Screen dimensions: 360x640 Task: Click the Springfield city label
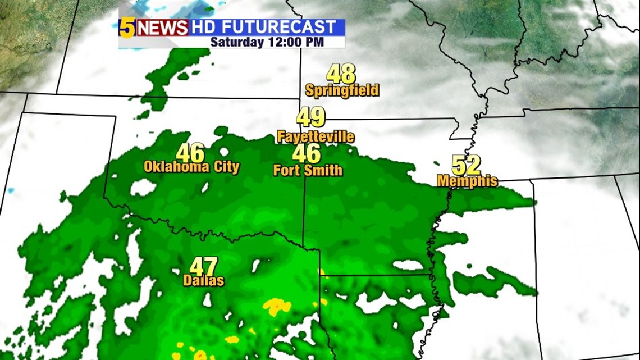pyautogui.click(x=342, y=90)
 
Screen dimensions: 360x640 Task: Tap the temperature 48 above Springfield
pyautogui.click(x=341, y=74)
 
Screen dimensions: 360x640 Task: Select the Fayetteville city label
pyautogui.click(x=316, y=136)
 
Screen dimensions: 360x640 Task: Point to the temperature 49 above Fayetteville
pyautogui.click(x=311, y=117)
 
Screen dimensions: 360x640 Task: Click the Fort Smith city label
pyautogui.click(x=308, y=170)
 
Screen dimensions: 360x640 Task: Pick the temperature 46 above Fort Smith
pyautogui.click(x=307, y=153)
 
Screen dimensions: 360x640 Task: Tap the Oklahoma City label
pyautogui.click(x=191, y=167)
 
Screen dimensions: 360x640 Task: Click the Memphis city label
pyautogui.click(x=467, y=181)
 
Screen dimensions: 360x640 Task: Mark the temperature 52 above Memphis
pyautogui.click(x=467, y=165)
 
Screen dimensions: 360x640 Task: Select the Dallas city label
pyautogui.click(x=203, y=281)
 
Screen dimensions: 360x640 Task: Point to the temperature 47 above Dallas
pyautogui.click(x=203, y=266)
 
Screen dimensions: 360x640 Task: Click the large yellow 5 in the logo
pyautogui.click(x=127, y=28)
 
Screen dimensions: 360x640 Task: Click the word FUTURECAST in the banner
pyautogui.click(x=279, y=26)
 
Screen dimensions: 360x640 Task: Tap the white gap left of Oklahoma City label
pyautogui.click(x=143, y=188)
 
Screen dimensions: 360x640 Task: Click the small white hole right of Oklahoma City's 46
pyautogui.click(x=224, y=152)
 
